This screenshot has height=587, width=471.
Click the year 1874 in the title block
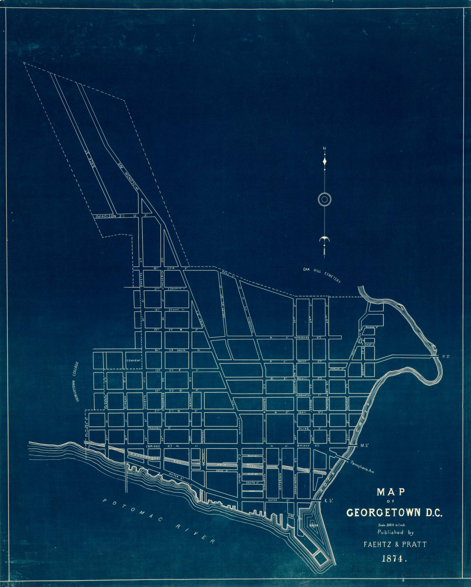393,558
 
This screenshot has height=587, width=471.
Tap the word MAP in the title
391,492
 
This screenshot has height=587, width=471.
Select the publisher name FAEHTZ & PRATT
395,545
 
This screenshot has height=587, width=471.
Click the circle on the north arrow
325,199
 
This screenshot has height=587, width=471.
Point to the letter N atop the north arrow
325,149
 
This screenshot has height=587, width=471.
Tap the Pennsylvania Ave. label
362,466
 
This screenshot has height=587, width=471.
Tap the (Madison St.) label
110,216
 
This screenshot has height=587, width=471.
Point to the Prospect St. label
157,427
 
